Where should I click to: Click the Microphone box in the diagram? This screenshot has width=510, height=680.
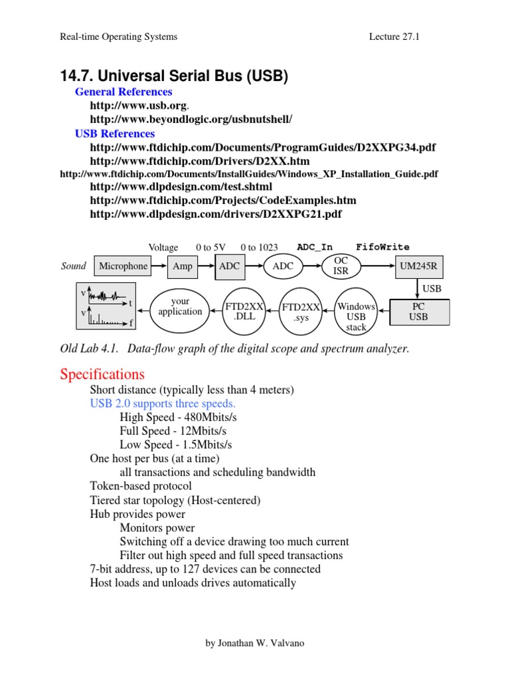coord(123,266)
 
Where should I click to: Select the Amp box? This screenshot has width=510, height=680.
coord(182,266)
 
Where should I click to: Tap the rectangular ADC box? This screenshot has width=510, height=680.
coord(229,266)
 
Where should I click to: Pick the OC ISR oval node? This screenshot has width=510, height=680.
coord(341,266)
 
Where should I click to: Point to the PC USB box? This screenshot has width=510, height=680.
coord(419,311)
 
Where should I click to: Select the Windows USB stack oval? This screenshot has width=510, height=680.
coord(356,311)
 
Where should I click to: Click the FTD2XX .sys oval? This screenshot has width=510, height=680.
coord(301,311)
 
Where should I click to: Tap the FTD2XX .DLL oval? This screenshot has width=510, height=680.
coord(244,311)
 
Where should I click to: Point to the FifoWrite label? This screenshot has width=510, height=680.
coord(382,247)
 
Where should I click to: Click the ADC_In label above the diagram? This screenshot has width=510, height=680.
coord(315,247)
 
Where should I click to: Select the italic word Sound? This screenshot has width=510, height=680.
coord(73,266)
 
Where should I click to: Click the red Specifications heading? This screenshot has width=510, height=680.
coord(102,375)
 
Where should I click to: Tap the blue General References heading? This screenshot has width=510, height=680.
coord(124,92)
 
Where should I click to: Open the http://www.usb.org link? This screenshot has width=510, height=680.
coord(139,106)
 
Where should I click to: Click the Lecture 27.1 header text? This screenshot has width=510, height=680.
coord(394,37)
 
